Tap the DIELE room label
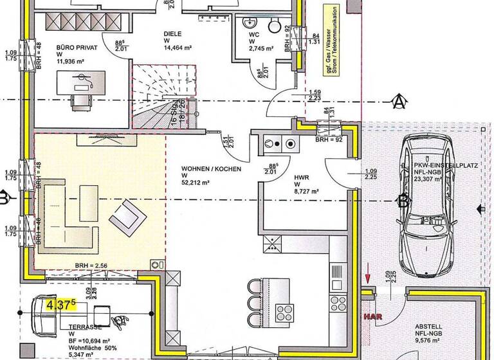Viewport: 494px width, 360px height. point(172,34)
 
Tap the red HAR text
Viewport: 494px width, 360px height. point(372,317)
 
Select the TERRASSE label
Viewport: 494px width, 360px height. point(85,327)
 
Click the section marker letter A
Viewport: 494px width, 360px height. point(399,101)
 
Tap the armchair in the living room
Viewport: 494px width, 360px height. point(127,216)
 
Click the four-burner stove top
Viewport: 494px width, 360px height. point(285,313)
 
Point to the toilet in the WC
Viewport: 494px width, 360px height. point(275,26)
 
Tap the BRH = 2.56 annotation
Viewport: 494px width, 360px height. point(90,265)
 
